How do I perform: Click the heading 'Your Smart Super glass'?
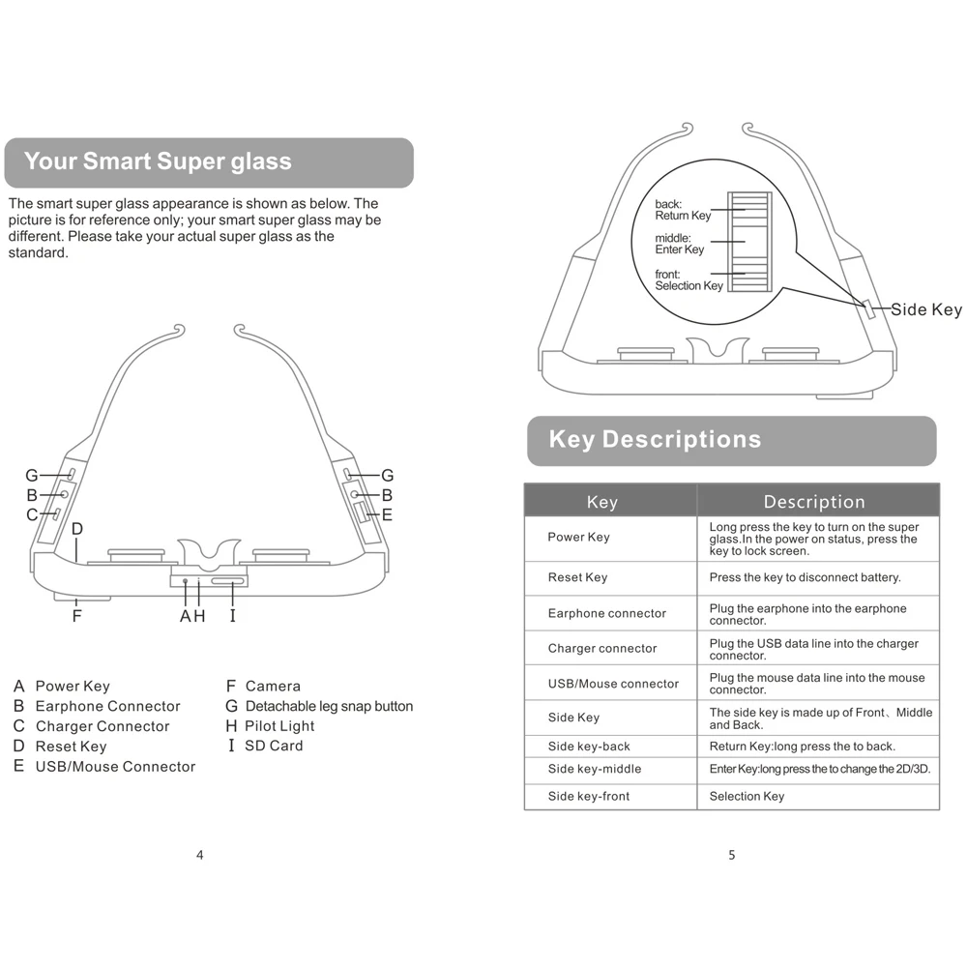coord(158,161)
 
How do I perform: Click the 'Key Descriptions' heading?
coord(655,440)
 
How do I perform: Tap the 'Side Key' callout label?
coord(925,309)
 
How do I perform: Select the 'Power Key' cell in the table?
coord(578,538)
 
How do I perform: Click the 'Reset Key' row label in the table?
coord(577,577)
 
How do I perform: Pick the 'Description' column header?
coord(814,501)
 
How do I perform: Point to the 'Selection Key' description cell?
coord(747,796)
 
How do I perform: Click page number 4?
coord(200,855)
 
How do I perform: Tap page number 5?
coord(731,855)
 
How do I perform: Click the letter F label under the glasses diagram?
coord(76,615)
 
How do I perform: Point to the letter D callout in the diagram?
coord(77,529)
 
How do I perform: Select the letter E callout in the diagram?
coord(387,515)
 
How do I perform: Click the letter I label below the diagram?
coord(232,616)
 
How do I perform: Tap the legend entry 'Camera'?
coord(273,686)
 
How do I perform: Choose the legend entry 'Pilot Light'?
coord(279,726)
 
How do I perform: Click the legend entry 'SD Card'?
coord(274,746)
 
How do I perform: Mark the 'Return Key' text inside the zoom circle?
coord(683,216)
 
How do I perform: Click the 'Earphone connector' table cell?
coord(606,613)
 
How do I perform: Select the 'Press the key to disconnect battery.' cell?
coord(805,577)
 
